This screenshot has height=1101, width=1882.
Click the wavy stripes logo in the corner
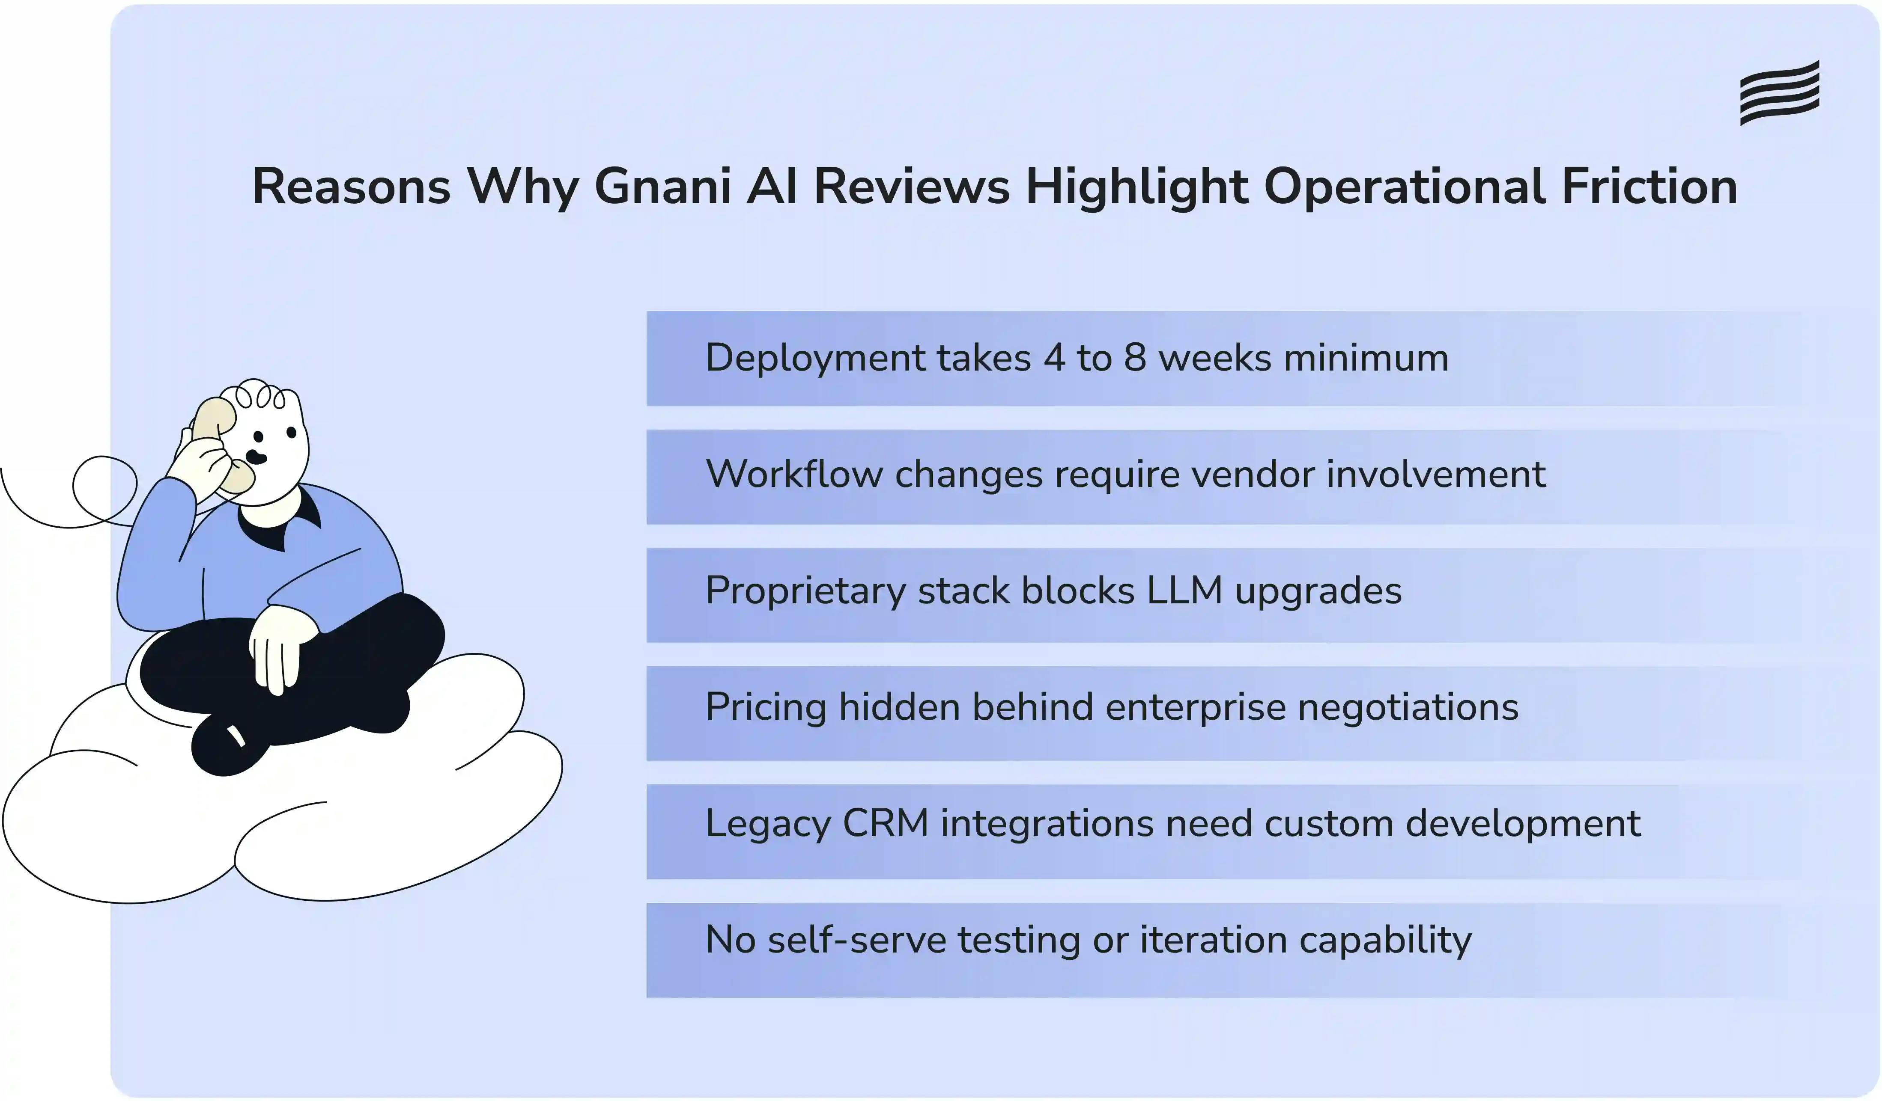pos(1780,93)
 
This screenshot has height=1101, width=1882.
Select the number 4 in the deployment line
pos(1054,358)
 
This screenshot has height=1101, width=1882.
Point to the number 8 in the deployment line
pos(1134,358)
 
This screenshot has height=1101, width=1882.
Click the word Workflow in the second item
pos(793,475)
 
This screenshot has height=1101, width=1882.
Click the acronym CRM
pos(885,824)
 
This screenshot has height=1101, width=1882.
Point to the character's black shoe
pos(228,746)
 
